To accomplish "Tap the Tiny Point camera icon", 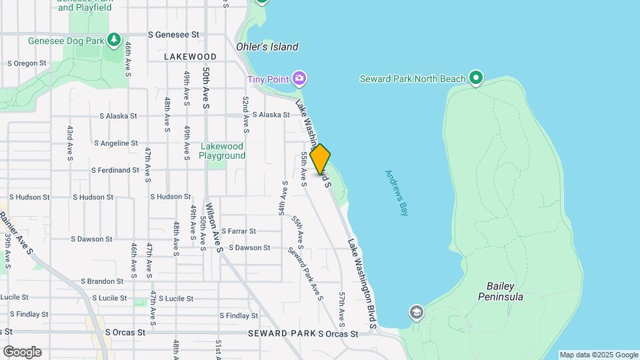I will click(x=300, y=79).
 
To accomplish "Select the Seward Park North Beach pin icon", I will click(x=475, y=79).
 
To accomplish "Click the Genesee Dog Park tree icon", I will click(x=114, y=41).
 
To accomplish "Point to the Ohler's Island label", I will click(x=267, y=47).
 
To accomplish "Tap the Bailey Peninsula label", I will click(x=500, y=291).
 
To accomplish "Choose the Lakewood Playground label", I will click(x=223, y=151).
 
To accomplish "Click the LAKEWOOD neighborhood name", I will click(x=190, y=57).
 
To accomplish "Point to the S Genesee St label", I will click(x=173, y=34).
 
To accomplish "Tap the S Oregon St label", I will click(x=27, y=63).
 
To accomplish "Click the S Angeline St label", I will click(x=116, y=143).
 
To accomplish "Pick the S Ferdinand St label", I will click(x=115, y=170).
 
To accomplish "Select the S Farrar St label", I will click(x=238, y=231).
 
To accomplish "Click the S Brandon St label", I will click(x=103, y=281).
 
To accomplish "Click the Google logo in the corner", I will click(x=22, y=351).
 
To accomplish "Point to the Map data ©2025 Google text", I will click(x=598, y=355).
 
